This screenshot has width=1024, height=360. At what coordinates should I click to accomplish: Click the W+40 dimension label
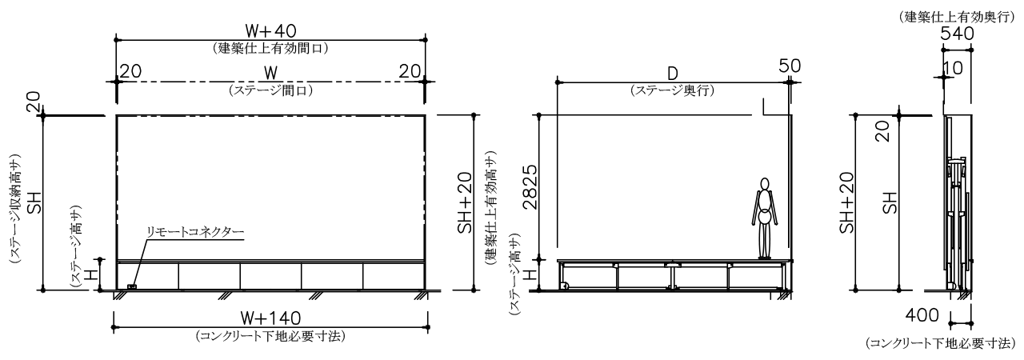(x=270, y=30)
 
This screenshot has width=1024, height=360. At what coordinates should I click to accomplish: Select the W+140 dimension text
(x=271, y=318)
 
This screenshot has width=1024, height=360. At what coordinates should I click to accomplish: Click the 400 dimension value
(x=922, y=314)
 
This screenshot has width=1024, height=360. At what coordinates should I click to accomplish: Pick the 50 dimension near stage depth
(x=790, y=66)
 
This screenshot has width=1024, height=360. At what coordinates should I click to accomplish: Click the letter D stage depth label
(x=672, y=73)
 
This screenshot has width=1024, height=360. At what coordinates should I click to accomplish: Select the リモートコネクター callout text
(x=194, y=232)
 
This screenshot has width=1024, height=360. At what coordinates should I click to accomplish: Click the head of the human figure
(x=764, y=184)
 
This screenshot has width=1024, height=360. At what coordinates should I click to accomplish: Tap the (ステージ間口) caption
(x=271, y=90)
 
